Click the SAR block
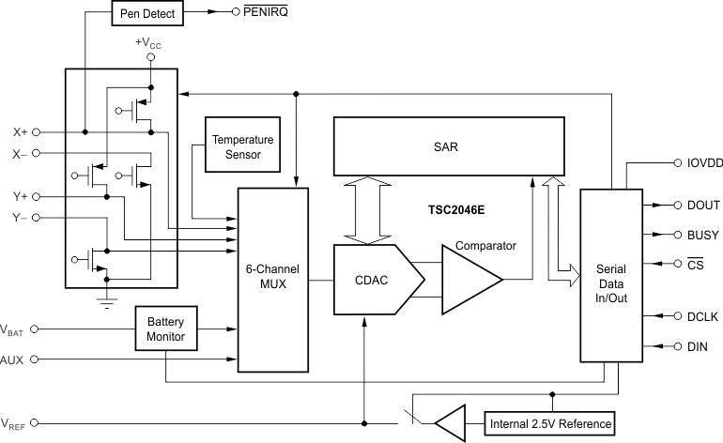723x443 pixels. [x=447, y=148]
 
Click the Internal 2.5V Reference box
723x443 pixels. [x=550, y=424]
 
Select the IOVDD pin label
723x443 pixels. [x=698, y=162]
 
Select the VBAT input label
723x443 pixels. [x=14, y=329]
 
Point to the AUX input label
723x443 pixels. [x=13, y=360]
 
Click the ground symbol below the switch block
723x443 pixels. [x=105, y=302]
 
